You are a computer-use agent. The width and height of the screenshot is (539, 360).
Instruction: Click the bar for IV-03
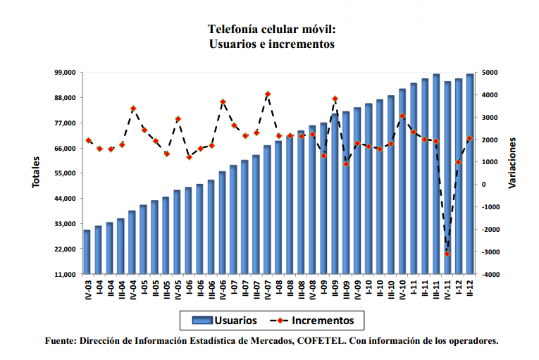[x=87, y=252]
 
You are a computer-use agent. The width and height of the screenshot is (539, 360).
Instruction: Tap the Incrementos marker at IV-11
[x=447, y=254]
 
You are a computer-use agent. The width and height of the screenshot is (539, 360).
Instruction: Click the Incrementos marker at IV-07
[x=268, y=94]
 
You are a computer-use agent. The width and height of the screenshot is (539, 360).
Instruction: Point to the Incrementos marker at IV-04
[x=132, y=108]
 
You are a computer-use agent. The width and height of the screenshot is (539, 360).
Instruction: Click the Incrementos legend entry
[x=318, y=321]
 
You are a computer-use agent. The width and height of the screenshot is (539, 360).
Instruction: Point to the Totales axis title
[x=36, y=173]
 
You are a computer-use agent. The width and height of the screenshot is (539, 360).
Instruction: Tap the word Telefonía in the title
[x=233, y=30]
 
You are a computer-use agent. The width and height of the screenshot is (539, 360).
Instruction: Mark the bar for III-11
[x=425, y=176]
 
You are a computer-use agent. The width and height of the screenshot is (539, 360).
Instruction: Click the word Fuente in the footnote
[x=60, y=341]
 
